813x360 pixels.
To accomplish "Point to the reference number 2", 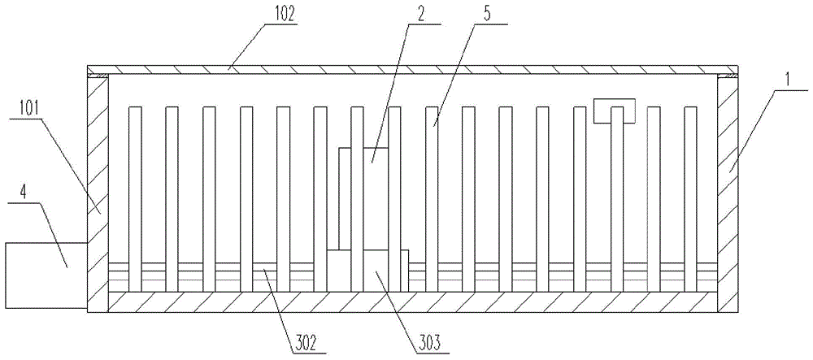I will pos(420,16).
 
